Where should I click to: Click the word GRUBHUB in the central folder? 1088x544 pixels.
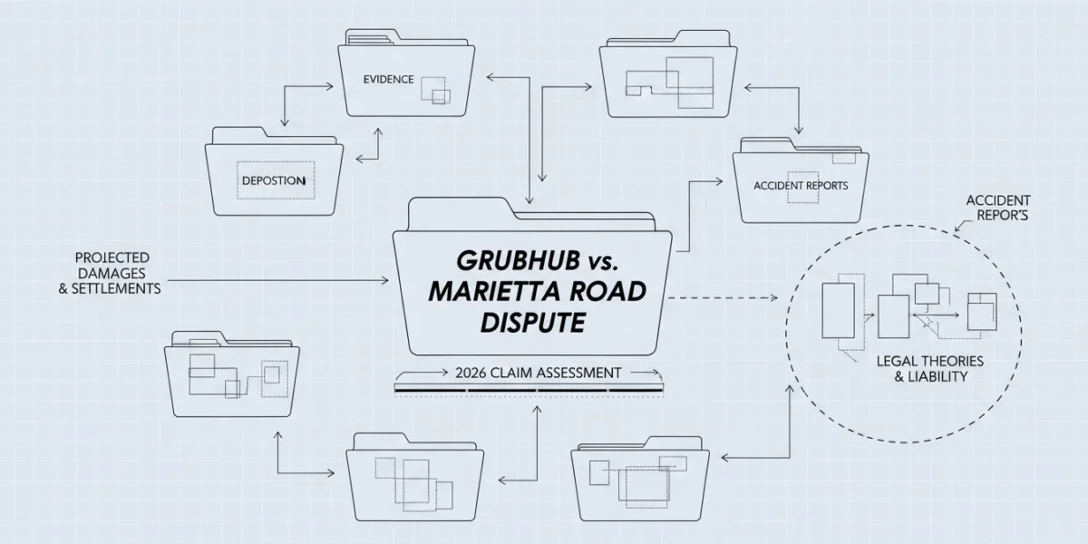click(518, 261)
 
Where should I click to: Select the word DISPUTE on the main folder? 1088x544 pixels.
click(532, 323)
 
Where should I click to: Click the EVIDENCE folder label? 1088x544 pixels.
click(389, 79)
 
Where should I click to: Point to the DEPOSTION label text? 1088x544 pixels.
click(274, 180)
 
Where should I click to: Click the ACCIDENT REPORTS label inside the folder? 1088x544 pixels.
click(801, 186)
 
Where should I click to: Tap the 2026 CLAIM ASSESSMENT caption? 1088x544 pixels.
click(539, 373)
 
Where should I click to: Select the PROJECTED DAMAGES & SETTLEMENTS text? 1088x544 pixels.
click(111, 273)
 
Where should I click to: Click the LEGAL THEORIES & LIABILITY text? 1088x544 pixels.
click(929, 369)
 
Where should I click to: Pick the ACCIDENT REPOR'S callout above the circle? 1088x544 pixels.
click(998, 208)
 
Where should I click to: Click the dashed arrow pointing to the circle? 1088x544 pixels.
click(724, 297)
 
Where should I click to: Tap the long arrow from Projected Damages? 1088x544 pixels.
click(277, 280)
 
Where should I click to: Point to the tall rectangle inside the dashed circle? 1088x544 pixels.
click(838, 310)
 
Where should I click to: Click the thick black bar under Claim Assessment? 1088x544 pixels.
click(529, 390)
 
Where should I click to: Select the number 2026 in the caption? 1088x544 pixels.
click(471, 373)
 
